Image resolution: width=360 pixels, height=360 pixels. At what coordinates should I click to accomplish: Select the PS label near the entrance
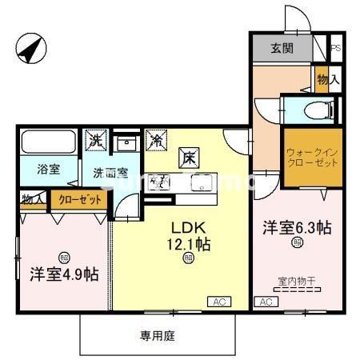click(337, 47)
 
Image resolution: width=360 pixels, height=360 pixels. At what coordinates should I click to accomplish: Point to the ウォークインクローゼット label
click(313, 155)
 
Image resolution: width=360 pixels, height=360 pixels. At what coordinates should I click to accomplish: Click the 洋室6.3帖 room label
click(298, 228)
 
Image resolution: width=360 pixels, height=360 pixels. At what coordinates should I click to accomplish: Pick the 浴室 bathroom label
click(49, 168)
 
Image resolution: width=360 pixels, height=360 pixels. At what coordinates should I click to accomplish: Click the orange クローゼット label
click(80, 199)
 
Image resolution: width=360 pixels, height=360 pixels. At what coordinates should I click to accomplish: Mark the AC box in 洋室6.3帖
click(265, 302)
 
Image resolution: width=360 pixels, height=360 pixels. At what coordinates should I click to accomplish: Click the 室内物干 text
click(296, 281)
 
